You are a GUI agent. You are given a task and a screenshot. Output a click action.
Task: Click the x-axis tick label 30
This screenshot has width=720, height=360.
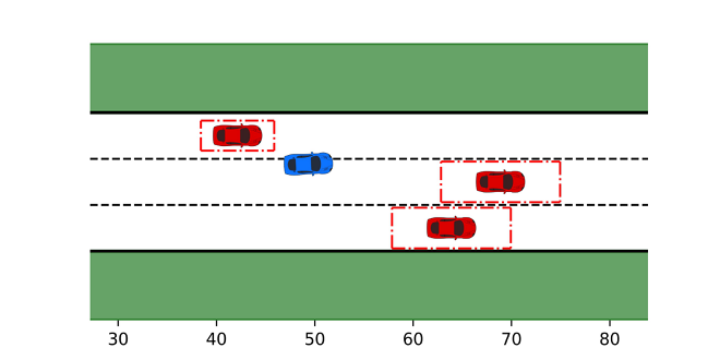[x=118, y=339]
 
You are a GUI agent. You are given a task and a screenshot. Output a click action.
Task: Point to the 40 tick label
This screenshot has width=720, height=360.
[x=216, y=339]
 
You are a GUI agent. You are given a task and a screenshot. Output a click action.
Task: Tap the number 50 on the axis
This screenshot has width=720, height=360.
[x=315, y=339]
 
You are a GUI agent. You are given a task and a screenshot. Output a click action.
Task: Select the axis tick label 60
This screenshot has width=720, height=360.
[x=413, y=339]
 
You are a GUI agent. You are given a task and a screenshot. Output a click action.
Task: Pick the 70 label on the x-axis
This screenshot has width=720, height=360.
[x=511, y=339]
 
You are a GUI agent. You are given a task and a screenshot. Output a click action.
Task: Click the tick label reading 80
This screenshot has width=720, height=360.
[x=610, y=339]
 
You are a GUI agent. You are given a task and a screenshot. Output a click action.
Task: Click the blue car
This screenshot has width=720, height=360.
[x=308, y=164]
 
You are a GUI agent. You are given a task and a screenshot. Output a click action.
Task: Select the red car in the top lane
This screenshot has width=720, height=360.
[x=237, y=135]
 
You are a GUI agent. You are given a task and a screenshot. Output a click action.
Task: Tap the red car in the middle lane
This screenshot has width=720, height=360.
[x=501, y=182]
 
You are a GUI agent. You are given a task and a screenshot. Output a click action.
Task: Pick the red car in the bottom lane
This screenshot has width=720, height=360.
[x=451, y=228]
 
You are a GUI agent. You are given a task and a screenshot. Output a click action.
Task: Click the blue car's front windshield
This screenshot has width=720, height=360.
[x=316, y=163]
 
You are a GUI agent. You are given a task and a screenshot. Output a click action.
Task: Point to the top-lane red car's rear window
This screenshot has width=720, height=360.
[x=221, y=135]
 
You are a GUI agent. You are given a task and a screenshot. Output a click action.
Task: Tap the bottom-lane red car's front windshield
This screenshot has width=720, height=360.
[x=459, y=228]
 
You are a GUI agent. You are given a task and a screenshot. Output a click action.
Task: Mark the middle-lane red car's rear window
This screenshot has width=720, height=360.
[x=484, y=182]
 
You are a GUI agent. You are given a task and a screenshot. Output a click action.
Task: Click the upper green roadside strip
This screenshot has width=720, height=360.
[x=369, y=77]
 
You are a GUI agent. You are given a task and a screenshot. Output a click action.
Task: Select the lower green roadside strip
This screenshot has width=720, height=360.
[x=369, y=286]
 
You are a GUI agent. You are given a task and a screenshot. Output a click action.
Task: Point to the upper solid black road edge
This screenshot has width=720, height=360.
[x=369, y=112]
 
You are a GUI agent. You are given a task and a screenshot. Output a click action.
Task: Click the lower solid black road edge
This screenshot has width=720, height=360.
[x=369, y=251]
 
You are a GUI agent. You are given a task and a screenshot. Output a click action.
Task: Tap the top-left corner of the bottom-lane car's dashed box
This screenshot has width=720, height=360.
[x=392, y=208]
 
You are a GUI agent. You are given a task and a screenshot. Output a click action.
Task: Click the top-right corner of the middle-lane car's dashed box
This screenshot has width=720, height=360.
[x=560, y=161]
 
